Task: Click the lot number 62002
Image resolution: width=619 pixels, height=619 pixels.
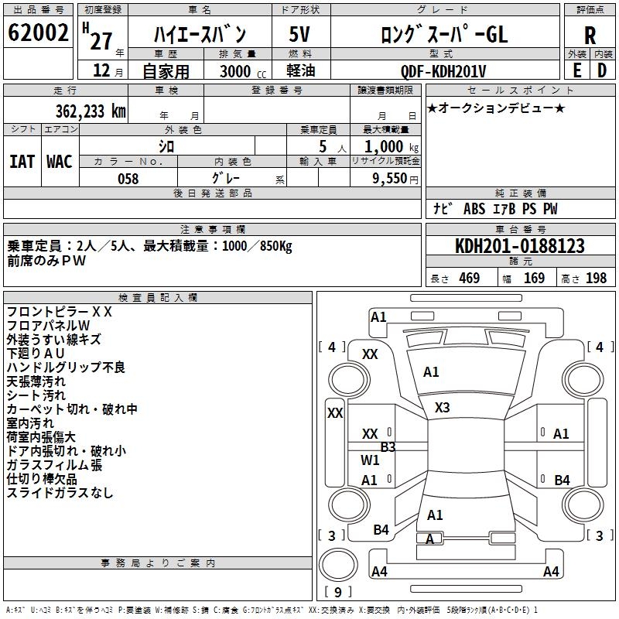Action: tap(38, 33)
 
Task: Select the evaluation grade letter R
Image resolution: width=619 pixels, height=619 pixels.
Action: tap(590, 36)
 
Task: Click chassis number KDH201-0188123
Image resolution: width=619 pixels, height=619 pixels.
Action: tap(519, 246)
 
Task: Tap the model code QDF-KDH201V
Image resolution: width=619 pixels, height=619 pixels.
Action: tap(444, 71)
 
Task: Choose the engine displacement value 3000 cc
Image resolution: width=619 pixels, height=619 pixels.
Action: tap(237, 71)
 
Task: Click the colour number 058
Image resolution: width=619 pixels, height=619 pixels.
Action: tap(128, 179)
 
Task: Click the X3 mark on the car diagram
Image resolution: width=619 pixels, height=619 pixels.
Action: tap(443, 408)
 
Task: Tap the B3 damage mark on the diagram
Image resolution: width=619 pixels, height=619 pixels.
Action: tap(388, 446)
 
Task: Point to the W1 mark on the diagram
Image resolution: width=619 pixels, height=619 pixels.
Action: tap(371, 460)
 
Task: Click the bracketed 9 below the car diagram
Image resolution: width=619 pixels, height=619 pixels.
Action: tap(337, 592)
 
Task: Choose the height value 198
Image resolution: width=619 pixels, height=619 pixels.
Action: tap(596, 279)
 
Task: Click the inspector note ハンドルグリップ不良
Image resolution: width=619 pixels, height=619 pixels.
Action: tap(66, 368)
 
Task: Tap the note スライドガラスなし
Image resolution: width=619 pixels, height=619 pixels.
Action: tap(60, 493)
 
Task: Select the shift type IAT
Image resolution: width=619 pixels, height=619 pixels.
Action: tap(22, 162)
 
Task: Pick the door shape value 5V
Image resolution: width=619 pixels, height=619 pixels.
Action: tap(299, 35)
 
